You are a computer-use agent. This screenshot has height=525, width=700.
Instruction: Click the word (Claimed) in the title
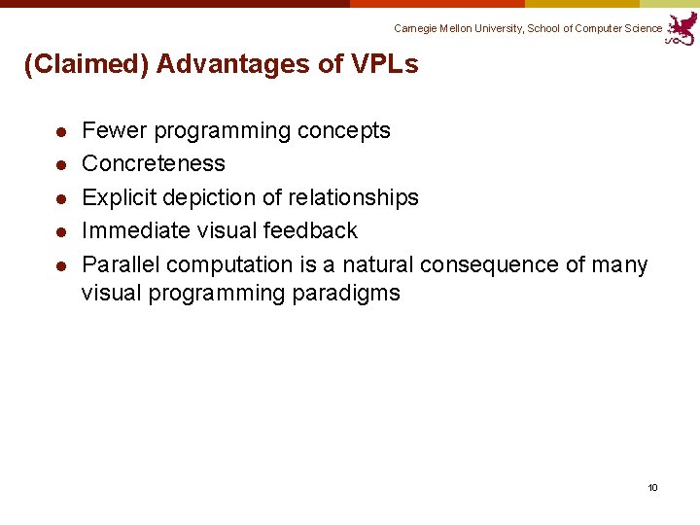click(86, 65)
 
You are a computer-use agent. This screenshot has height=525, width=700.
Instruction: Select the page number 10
click(653, 487)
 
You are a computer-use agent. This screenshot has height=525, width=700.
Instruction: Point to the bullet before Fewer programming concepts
click(59, 131)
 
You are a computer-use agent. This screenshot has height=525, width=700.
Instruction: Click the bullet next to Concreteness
click(59, 164)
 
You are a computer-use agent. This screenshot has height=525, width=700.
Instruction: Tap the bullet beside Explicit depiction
click(59, 198)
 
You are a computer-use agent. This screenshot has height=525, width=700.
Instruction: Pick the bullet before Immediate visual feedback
click(59, 231)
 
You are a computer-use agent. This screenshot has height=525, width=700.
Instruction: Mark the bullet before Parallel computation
click(59, 265)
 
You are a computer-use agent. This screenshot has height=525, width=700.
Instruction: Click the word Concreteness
click(154, 163)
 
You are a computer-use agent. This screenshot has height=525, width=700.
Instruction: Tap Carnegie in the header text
click(416, 28)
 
